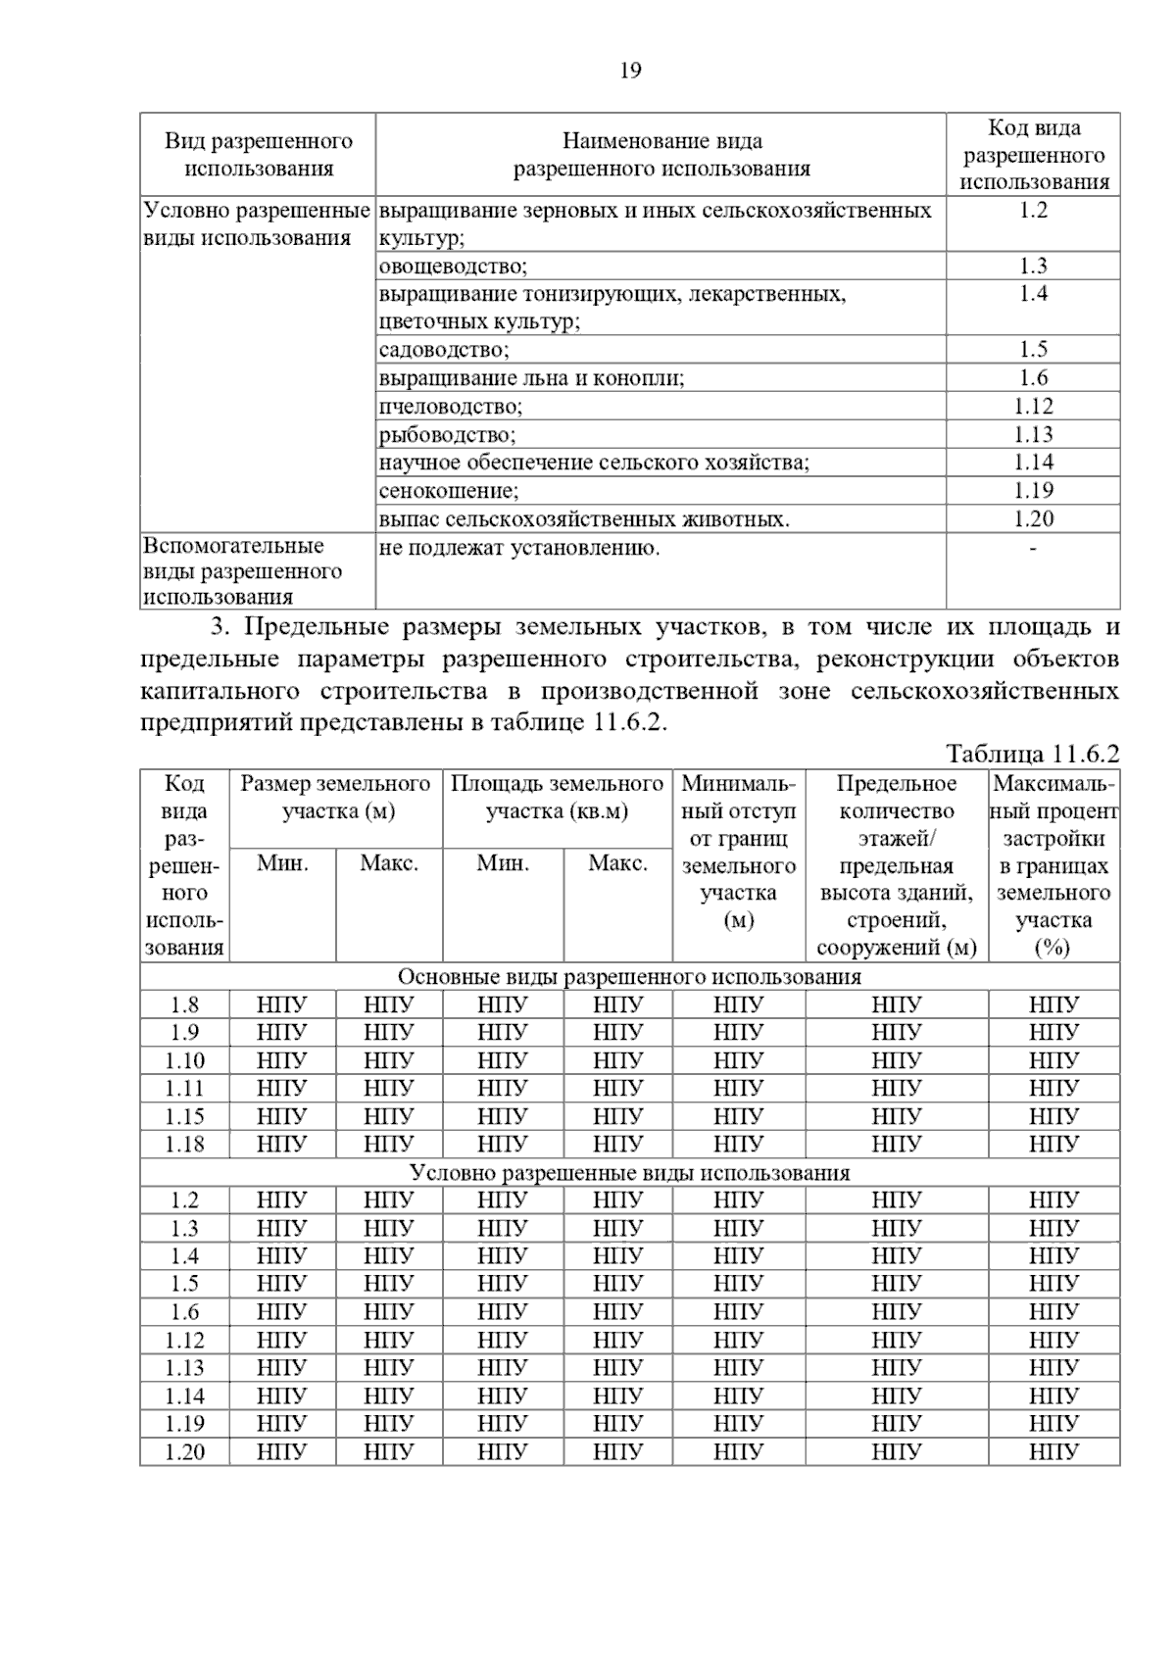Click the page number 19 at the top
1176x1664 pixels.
coord(630,71)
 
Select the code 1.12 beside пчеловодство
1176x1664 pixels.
coord(1033,407)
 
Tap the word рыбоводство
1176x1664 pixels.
coord(446,435)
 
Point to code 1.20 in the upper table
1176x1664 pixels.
coord(1033,519)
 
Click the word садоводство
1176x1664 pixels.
coord(443,350)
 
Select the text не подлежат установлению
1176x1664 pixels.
coord(518,548)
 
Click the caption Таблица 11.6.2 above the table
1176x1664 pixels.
coord(1032,754)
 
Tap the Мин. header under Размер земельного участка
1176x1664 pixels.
coord(282,863)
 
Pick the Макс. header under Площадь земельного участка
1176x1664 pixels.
coord(617,863)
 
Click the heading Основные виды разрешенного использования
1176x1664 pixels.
coord(629,977)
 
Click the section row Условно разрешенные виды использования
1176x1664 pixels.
coord(629,1173)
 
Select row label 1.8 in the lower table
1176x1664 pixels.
coord(184,1004)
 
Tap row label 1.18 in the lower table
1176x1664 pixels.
coord(184,1145)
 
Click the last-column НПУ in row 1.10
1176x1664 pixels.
coord(1053,1060)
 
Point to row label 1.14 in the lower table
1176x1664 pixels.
coord(184,1396)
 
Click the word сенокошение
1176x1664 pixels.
coord(448,491)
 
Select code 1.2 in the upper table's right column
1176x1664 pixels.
coord(1033,211)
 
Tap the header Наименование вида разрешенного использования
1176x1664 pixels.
coord(661,155)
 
